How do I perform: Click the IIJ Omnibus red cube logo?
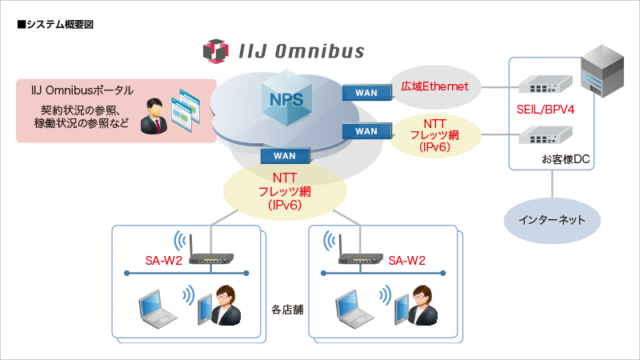click(218, 52)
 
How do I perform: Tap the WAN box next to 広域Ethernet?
click(366, 93)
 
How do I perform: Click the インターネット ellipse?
click(552, 218)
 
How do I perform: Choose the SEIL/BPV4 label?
click(551, 107)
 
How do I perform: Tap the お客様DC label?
click(565, 159)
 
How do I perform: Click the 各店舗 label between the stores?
click(285, 307)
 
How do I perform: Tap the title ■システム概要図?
click(55, 25)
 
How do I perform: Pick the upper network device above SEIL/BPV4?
click(546, 83)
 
